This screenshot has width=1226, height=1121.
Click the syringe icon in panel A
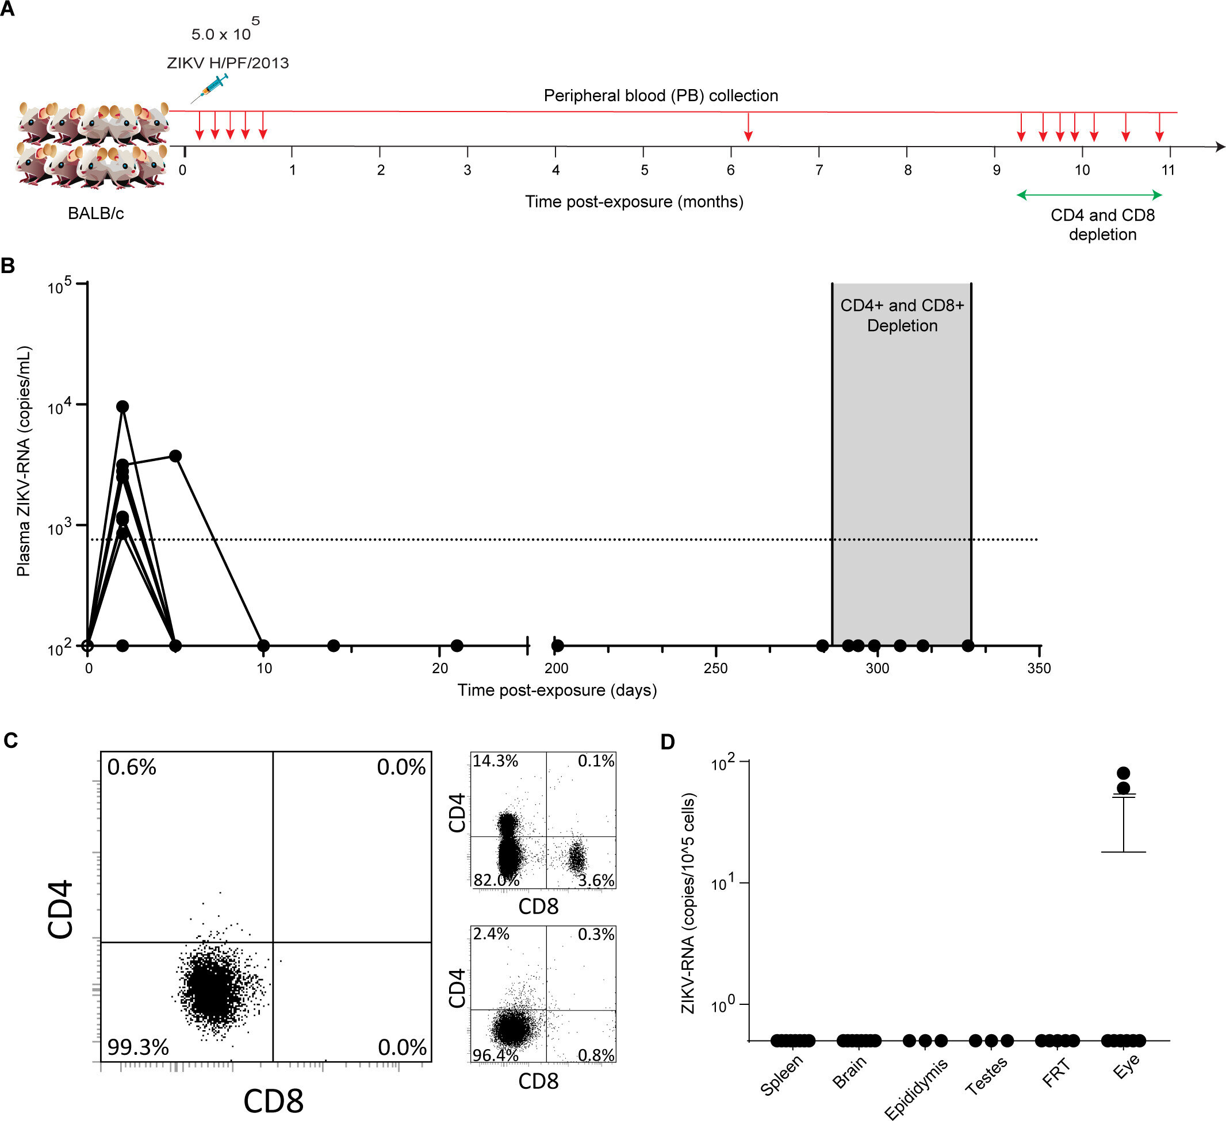209,88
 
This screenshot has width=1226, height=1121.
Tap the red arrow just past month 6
748,127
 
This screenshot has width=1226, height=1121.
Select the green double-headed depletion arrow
1089,195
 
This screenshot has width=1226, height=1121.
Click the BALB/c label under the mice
95,213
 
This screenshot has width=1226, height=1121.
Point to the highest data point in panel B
123,406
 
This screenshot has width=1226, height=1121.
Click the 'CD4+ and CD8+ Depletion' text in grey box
902,315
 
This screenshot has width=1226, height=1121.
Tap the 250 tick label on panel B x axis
715,669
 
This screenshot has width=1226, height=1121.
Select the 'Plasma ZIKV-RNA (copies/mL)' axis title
23,461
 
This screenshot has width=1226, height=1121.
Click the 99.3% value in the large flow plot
138,1047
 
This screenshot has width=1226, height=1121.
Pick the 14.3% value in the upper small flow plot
496,761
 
